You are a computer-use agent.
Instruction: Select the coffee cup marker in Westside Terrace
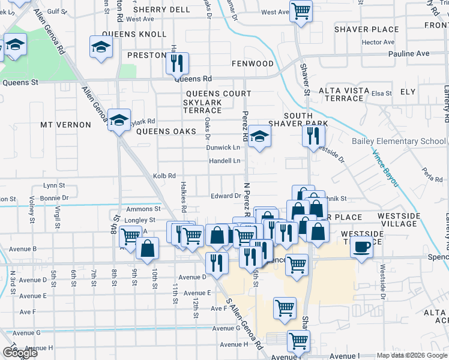[362, 248]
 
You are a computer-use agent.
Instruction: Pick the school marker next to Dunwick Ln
[259, 137]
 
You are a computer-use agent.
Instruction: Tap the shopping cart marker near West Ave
[301, 10]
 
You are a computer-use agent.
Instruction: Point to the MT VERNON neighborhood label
[65, 125]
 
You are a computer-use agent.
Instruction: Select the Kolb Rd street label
[164, 176]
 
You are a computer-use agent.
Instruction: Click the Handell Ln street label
[224, 161]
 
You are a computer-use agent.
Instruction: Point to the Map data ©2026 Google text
[411, 355]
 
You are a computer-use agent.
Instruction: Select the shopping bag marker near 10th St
[147, 248]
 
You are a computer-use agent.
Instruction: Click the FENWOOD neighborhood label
[253, 64]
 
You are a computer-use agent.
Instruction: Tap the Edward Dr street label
[226, 196]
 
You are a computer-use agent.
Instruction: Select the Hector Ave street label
[378, 43]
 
